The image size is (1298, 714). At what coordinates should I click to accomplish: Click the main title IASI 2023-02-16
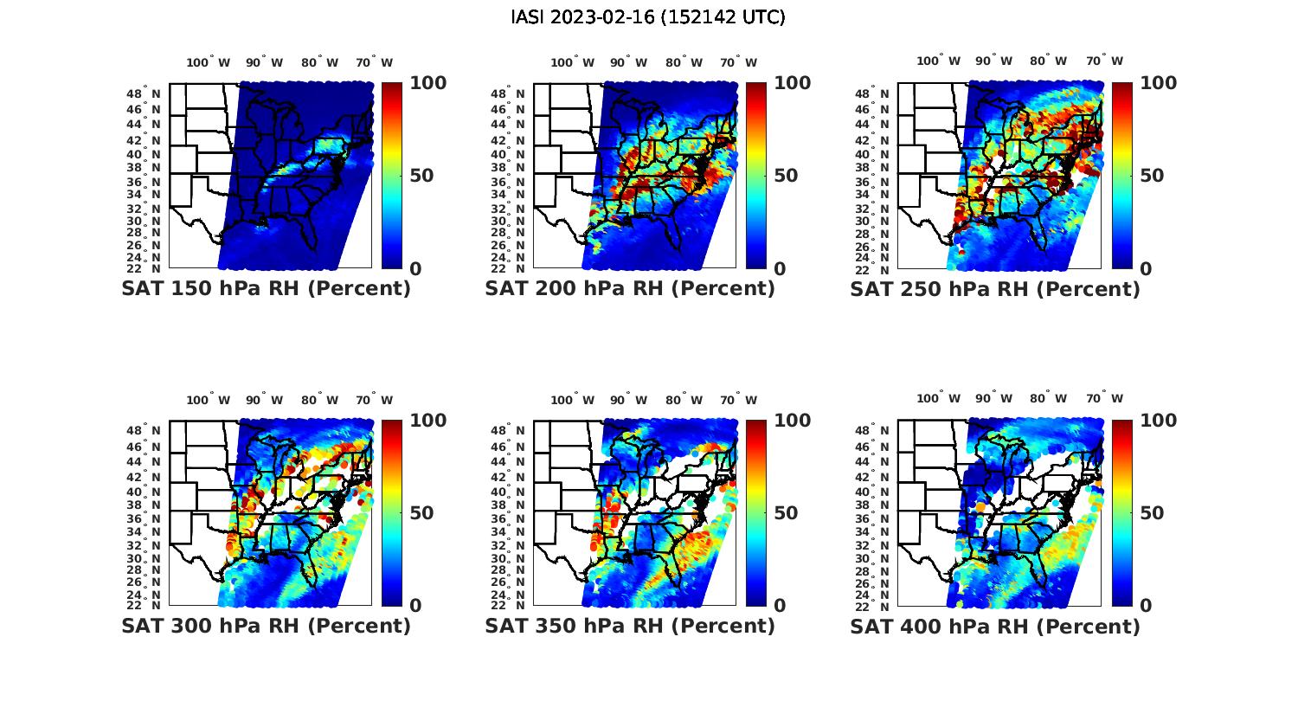tap(648, 17)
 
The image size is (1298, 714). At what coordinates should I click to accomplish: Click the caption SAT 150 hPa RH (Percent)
tap(266, 289)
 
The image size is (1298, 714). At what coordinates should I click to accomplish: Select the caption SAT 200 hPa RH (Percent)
tap(630, 289)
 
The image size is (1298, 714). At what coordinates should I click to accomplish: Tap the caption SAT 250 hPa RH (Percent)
tap(995, 289)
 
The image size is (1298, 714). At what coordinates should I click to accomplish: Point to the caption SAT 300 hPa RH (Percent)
tap(266, 626)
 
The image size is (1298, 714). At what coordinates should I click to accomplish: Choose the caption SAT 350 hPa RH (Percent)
tap(630, 626)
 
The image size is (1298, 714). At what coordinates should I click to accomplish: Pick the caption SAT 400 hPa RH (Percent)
tap(995, 626)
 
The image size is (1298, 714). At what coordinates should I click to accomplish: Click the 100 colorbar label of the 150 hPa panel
tap(427, 83)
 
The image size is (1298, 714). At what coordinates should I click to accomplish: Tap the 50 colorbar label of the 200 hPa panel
tap(786, 176)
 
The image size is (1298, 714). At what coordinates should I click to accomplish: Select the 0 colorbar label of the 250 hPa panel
tap(1146, 269)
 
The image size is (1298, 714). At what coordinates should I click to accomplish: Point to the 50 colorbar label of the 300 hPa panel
tap(421, 513)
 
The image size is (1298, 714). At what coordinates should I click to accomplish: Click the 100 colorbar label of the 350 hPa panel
tap(792, 421)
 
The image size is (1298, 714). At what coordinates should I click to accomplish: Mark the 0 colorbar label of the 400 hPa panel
tap(1146, 606)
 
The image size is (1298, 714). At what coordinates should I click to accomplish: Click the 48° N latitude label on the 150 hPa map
tap(144, 93)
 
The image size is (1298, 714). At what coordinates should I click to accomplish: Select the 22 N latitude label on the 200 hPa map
tap(508, 269)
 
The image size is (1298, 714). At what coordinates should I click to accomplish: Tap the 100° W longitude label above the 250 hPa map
tap(938, 61)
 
